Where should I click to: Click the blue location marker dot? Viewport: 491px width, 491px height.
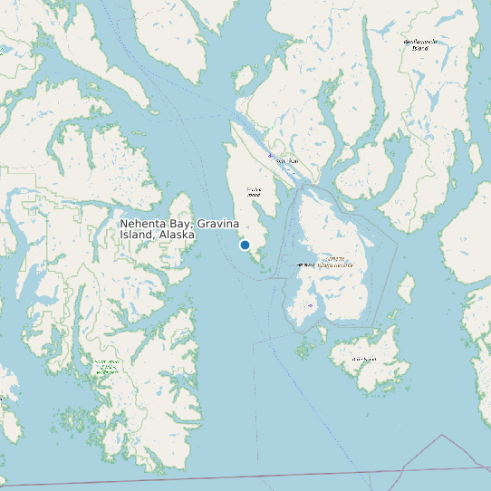click(245, 246)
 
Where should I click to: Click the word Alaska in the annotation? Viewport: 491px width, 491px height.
click(176, 235)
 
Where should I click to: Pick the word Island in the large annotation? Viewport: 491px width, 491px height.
click(137, 235)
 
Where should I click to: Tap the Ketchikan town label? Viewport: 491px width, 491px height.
click(286, 161)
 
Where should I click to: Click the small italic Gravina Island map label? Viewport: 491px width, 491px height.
click(254, 191)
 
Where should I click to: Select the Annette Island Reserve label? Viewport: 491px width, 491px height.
click(331, 263)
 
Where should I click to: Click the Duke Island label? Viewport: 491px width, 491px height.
click(363, 359)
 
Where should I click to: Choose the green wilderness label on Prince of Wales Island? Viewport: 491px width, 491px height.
click(107, 367)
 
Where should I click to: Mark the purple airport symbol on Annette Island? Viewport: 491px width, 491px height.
click(311, 305)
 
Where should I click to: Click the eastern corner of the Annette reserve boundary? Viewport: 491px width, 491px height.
click(397, 239)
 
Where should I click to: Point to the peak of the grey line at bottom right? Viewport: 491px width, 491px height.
click(443, 436)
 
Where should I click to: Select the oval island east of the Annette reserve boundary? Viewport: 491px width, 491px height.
click(406, 290)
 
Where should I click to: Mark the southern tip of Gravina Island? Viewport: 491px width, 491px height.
click(263, 266)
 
